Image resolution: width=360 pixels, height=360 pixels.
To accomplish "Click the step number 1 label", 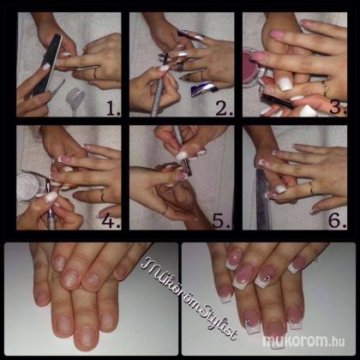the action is click(x=113, y=108).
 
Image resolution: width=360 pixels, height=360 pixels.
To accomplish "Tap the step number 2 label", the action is click(x=224, y=108).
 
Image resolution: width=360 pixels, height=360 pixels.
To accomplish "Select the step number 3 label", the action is click(x=338, y=107).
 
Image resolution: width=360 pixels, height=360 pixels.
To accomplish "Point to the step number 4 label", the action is click(x=111, y=220).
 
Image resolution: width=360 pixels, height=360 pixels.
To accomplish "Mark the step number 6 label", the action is click(x=337, y=220).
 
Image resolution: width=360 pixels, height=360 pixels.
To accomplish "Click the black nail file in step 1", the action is click(x=46, y=65).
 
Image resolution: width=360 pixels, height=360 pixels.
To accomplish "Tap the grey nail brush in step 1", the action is click(x=74, y=99).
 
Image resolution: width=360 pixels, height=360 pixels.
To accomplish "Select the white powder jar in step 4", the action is click(x=29, y=186).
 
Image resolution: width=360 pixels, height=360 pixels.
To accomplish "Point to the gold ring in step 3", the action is click(x=326, y=88).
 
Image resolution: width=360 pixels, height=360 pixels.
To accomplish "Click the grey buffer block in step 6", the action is click(x=263, y=199).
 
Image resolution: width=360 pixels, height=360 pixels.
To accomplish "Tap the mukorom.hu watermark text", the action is click(x=303, y=341).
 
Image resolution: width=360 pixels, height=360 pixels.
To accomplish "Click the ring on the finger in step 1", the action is click(x=95, y=75).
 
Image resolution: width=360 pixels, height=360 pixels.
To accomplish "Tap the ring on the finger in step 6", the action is click(x=312, y=186).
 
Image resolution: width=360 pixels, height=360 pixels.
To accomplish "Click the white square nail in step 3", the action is click(x=285, y=83).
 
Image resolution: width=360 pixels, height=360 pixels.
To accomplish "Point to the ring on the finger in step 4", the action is click(x=103, y=195).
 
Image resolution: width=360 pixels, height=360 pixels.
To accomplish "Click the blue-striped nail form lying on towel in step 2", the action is click(x=204, y=89).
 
